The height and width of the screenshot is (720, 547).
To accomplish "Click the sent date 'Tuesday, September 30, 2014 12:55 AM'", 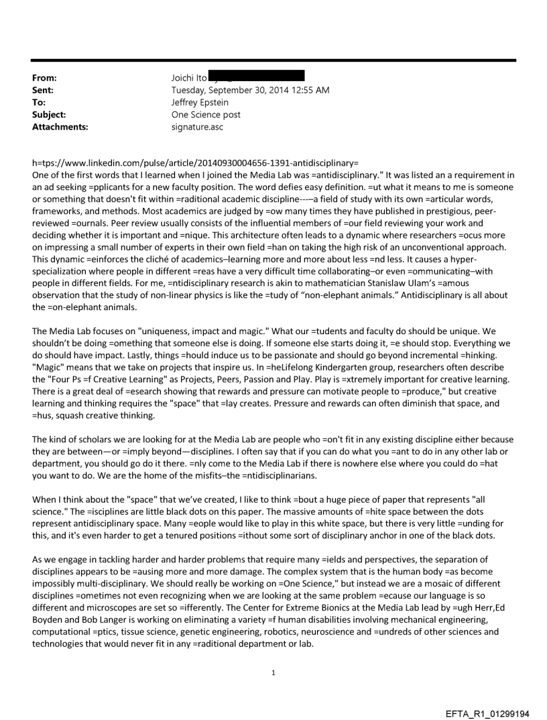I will [250, 90].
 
